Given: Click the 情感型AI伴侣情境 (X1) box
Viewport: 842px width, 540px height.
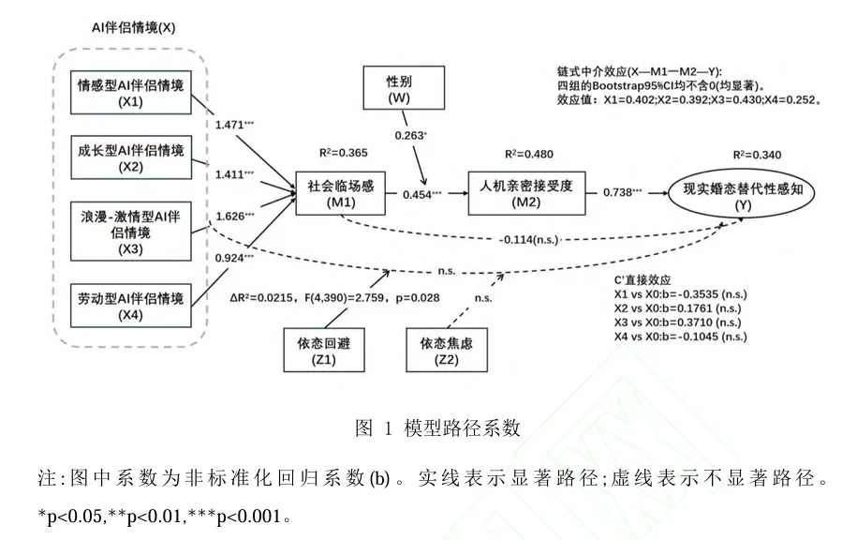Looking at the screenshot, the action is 131,92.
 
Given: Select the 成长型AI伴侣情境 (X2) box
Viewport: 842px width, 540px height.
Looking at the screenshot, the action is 131,157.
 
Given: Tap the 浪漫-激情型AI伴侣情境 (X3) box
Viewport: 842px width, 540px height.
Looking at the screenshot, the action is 131,232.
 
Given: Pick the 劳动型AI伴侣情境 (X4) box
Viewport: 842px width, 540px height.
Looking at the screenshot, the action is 131,306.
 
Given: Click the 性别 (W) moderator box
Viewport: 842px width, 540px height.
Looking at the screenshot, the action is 404,87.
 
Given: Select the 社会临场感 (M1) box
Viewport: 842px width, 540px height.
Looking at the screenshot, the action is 340,193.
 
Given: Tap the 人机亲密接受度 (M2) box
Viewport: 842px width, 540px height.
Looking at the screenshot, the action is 526,193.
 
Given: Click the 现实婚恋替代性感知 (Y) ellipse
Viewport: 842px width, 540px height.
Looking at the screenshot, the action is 742,194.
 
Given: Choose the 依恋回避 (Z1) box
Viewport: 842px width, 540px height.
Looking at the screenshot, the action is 324,350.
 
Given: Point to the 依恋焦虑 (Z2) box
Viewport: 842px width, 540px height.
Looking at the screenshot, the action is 447,350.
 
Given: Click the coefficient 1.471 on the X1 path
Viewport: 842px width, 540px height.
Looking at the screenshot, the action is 235,125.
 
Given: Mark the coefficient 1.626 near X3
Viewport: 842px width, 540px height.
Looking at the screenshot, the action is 235,216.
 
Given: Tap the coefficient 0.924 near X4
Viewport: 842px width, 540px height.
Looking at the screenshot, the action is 235,258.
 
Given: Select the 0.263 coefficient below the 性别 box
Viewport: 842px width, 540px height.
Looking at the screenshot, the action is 411,135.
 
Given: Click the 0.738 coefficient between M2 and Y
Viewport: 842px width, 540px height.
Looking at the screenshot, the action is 623,192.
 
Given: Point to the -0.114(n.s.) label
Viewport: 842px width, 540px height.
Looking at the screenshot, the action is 529,240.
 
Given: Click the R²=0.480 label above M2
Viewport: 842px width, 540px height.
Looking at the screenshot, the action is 529,154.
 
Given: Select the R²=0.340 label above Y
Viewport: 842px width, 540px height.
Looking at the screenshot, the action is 757,155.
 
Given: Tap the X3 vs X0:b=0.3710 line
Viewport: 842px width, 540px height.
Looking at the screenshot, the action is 678,322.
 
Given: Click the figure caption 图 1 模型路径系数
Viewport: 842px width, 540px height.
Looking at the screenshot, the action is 437,427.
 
